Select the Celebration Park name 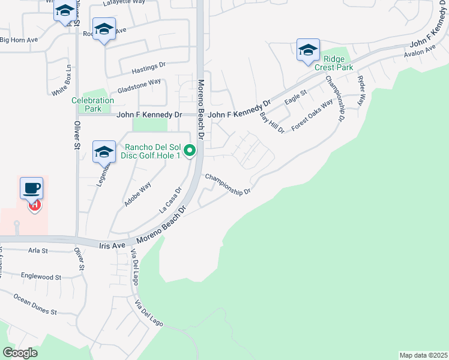coord(92,105)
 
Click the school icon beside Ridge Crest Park coord(308,50)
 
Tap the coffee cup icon coord(31,188)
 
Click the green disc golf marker coord(190,150)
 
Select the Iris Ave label coord(112,245)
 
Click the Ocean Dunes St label coord(35,304)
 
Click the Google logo coord(20,353)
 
